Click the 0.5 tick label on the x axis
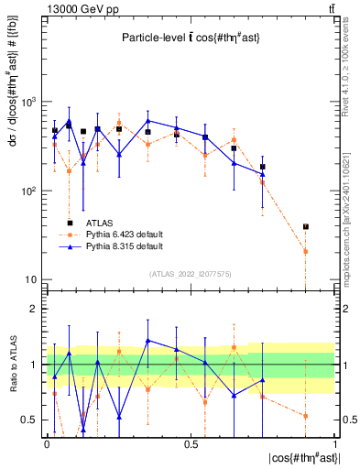coord(191,444)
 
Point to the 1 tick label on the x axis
coord(334,444)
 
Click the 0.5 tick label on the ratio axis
coord(30,420)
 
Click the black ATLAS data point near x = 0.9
coord(306,226)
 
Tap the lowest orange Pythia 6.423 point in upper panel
coord(306,251)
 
